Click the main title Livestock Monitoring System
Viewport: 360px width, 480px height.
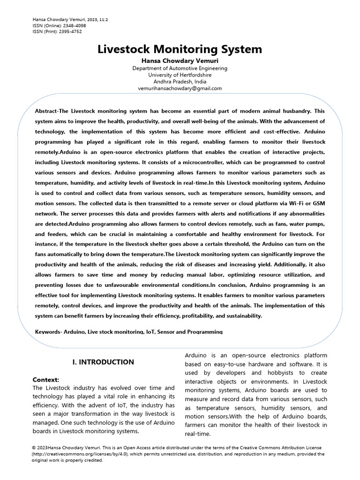(x=180, y=49)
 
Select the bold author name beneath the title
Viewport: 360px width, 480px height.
(x=180, y=61)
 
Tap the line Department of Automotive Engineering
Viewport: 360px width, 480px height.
(x=180, y=68)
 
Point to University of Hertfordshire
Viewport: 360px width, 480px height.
(x=180, y=75)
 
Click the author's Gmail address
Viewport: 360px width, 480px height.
(x=180, y=88)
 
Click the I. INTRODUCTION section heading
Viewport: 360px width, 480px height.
(x=103, y=362)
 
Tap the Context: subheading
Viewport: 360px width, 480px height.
(x=46, y=379)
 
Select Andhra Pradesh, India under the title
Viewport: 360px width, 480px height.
(x=180, y=82)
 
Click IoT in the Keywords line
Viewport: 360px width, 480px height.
(x=150, y=332)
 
